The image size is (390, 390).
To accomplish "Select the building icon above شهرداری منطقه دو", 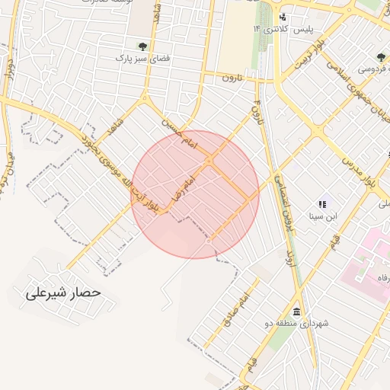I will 296,312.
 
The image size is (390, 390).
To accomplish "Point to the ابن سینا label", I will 322,216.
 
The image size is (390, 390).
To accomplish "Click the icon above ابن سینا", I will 322,203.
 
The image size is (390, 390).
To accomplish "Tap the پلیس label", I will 304,29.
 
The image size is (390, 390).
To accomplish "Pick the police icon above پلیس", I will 283,17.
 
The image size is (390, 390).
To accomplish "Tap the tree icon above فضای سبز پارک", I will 142,46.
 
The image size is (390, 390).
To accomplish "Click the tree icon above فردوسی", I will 381,56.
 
